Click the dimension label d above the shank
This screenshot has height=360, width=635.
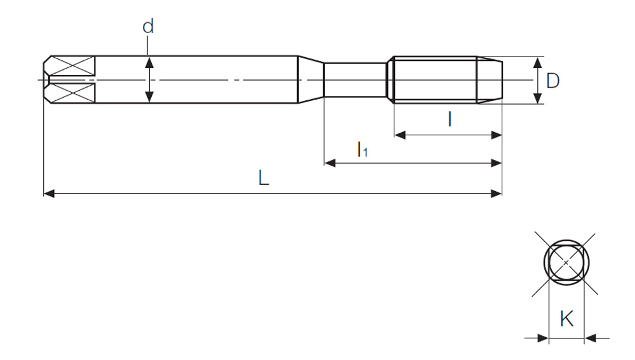point(148,27)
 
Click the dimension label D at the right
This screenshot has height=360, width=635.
point(553,81)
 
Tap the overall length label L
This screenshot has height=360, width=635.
point(264,178)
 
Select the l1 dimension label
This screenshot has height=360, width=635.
point(363,149)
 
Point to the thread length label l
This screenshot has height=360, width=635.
point(450,119)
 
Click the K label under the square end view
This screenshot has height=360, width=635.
point(566,319)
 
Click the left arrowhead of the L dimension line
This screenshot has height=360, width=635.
point(49,194)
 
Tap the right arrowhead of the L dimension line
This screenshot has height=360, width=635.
point(496,194)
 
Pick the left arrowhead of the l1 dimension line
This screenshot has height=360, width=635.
point(330,163)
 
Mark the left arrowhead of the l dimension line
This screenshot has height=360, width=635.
point(400,135)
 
